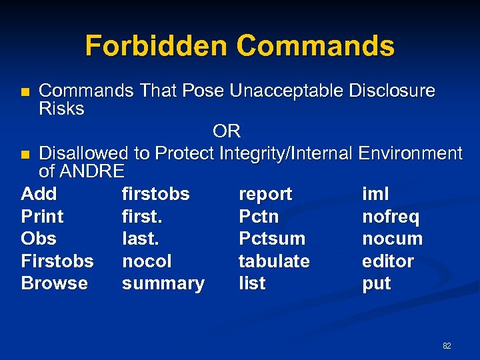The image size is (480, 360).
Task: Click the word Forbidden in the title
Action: click(156, 46)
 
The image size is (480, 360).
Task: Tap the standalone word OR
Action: click(227, 131)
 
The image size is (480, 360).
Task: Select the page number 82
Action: click(447, 345)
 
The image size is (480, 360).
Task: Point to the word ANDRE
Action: click(91, 171)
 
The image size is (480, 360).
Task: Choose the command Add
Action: click(39, 194)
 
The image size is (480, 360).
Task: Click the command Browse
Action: click(54, 283)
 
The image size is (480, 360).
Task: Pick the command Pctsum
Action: click(271, 239)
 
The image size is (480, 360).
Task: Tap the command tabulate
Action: click(274, 261)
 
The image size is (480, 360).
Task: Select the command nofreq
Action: click(390, 217)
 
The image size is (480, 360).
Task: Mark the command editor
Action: click(387, 261)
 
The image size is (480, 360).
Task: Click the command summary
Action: click(163, 283)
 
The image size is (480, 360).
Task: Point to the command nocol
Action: click(147, 261)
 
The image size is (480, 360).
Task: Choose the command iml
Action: click(375, 194)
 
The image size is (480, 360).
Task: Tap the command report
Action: click(265, 194)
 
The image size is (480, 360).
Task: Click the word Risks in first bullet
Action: click(61, 109)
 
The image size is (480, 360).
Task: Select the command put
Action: click(376, 283)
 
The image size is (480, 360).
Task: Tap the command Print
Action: click(42, 217)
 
